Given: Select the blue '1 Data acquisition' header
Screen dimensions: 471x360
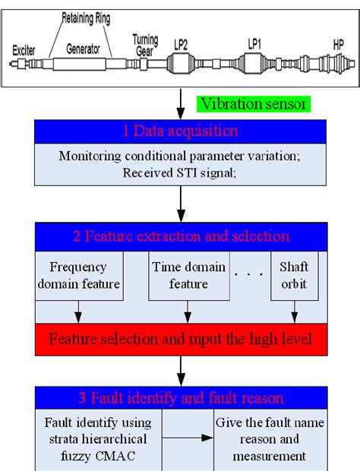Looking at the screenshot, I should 180,131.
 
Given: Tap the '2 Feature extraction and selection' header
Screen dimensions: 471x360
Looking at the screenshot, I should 180,235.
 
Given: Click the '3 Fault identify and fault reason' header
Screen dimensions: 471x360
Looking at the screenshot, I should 180,398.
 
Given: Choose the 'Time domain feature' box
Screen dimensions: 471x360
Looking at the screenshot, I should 188,275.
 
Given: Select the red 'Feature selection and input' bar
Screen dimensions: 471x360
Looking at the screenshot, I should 180,338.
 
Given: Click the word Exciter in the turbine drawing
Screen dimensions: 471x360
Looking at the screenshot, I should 24,51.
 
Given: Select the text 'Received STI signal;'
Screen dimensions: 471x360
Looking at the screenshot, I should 180,172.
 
